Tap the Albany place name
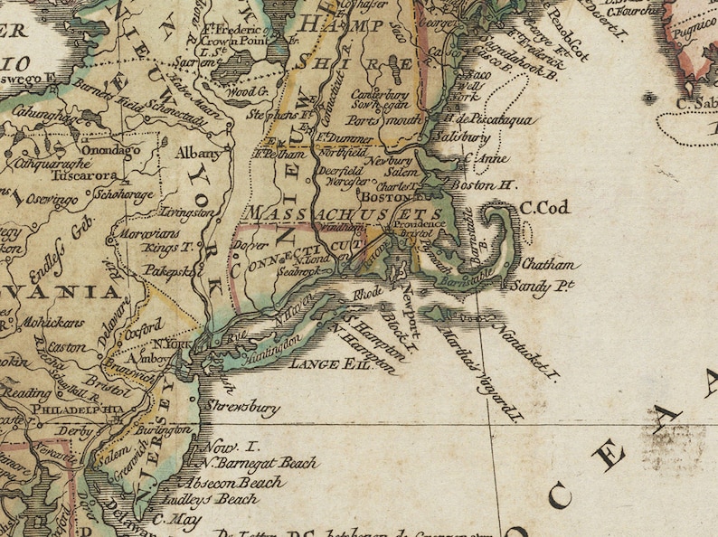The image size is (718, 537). click(197, 153)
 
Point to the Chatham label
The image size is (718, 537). click(548, 266)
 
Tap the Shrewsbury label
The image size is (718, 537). click(241, 408)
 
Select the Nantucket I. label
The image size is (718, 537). click(527, 353)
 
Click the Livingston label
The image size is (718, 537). click(187, 212)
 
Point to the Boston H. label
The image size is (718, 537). click(482, 185)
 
